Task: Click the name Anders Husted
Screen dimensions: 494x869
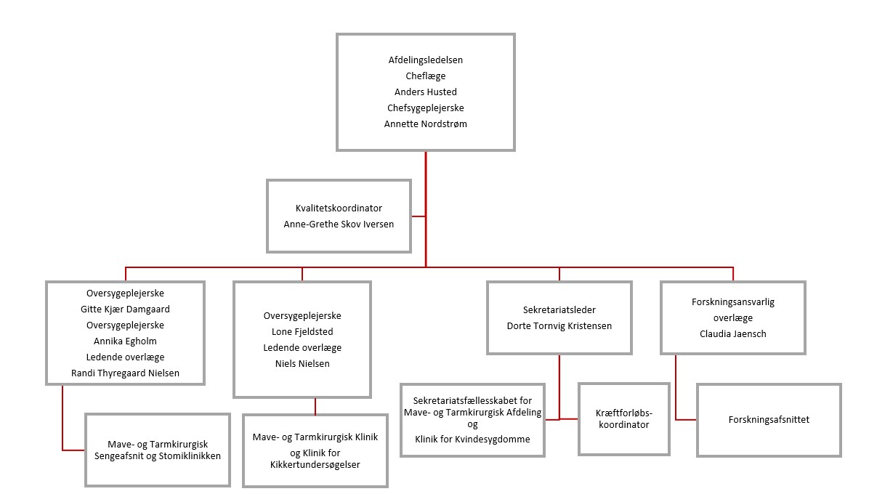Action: click(425, 92)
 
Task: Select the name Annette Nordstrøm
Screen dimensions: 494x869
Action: click(425, 124)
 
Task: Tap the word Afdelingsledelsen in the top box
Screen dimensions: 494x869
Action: click(425, 60)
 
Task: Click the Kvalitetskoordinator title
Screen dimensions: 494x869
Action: click(339, 208)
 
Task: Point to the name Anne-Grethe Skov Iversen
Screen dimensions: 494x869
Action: click(339, 224)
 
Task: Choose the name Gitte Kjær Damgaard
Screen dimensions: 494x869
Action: click(126, 309)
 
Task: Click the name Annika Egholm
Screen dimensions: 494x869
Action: click(126, 341)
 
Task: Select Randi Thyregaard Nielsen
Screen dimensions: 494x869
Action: click(126, 373)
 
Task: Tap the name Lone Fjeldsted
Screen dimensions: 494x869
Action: click(302, 331)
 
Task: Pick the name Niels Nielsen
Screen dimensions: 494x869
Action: click(302, 363)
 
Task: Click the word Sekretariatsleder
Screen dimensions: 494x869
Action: click(559, 310)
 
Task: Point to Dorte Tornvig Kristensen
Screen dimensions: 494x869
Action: click(559, 326)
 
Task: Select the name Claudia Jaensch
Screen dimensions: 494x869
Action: click(732, 334)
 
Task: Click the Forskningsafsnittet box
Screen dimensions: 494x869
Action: click(769, 420)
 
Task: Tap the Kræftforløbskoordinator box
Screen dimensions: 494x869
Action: click(623, 419)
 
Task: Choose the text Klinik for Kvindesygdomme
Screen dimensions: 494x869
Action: click(472, 440)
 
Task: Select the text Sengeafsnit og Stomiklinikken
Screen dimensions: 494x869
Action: click(157, 456)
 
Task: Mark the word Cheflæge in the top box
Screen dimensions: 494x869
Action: click(425, 76)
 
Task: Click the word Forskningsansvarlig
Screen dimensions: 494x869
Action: click(732, 302)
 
